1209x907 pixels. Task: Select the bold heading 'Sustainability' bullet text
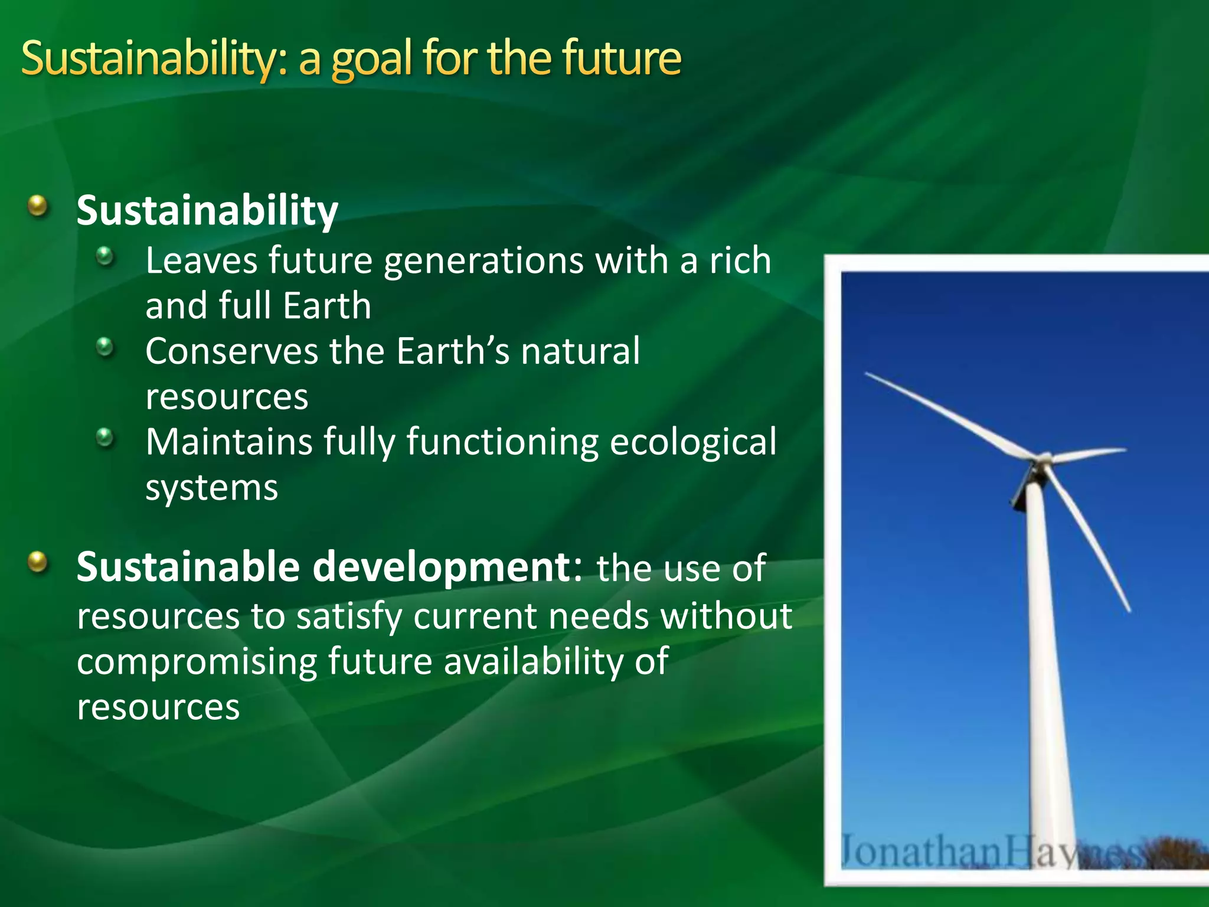207,211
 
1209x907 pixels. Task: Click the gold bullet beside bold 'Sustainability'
38,206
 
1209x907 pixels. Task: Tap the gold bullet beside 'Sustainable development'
38,562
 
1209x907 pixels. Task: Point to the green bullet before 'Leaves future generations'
105,256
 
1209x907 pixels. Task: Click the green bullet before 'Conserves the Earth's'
105,347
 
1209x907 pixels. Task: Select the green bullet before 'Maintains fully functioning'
105,438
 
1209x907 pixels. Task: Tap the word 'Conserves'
231,351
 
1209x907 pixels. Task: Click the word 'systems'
211,488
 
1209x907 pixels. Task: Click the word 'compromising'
197,662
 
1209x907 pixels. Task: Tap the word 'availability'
534,661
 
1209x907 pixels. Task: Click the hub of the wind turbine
1043,459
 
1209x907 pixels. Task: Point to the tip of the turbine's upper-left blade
867,374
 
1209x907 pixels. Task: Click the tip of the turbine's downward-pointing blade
1129,611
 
